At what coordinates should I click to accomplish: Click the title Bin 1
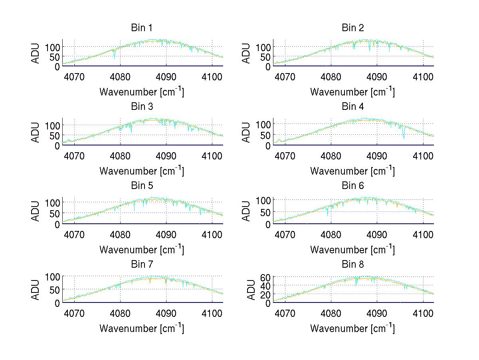point(141,28)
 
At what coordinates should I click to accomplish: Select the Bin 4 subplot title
point(352,107)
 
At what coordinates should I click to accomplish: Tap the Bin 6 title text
point(352,185)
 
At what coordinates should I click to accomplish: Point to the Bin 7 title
point(141,265)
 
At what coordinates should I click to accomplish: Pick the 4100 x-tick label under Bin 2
point(423,76)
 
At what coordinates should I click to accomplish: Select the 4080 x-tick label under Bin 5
point(120,234)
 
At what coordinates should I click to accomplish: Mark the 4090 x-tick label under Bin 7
point(166,313)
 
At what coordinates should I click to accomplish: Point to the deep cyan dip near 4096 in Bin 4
point(404,137)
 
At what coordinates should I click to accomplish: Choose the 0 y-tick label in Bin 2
point(268,67)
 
